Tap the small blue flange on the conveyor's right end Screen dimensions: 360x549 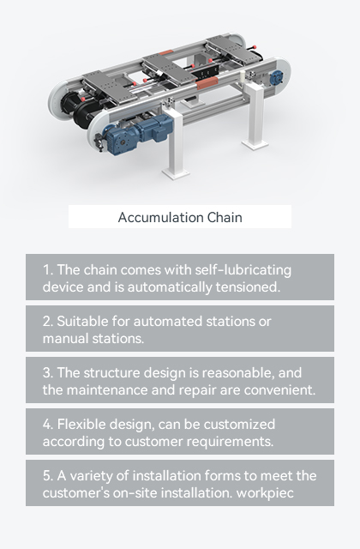click(277, 76)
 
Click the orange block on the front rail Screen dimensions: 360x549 click(207, 83)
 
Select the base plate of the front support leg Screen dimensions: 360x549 click(176, 173)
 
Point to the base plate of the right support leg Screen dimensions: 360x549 click(255, 144)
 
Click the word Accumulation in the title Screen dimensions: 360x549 click(160, 217)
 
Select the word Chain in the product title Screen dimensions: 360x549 click(225, 217)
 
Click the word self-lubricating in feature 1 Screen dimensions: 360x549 click(243, 270)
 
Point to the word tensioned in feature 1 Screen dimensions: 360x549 click(248, 287)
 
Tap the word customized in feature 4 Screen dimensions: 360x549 click(240, 424)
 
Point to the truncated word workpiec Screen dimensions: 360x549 click(265, 493)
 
